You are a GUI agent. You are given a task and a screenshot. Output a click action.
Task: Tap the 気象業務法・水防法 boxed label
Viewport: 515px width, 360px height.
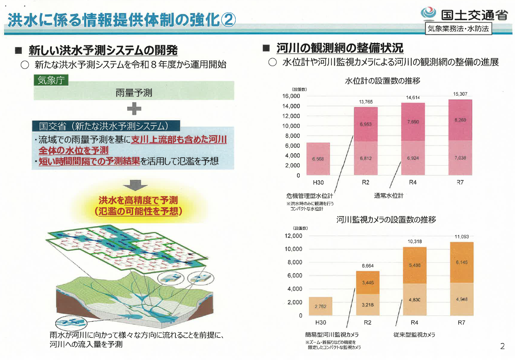pyautogui.click(x=459, y=29)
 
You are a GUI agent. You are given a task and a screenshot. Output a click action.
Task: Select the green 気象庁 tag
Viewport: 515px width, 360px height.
pyautogui.click(x=51, y=80)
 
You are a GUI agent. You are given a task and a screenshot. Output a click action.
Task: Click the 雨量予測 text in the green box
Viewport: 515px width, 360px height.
pyautogui.click(x=134, y=93)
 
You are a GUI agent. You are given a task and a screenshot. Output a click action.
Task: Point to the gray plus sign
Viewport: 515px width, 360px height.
pyautogui.click(x=134, y=108)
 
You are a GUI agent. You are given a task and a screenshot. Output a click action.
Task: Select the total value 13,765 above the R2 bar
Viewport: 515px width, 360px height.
pyautogui.click(x=366, y=102)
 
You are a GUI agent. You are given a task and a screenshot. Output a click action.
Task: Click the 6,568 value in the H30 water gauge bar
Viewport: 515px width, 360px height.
pyautogui.click(x=318, y=158)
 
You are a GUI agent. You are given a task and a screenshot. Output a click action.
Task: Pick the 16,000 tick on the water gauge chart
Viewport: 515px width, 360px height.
pyautogui.click(x=292, y=96)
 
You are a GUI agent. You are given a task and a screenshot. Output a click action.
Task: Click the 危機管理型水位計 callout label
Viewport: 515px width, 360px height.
pyautogui.click(x=310, y=196)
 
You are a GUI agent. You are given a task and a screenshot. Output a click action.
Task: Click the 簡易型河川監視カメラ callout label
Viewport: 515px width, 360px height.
pyautogui.click(x=332, y=335)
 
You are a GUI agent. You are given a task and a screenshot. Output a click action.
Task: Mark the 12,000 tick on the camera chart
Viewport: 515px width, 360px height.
pyautogui.click(x=293, y=236)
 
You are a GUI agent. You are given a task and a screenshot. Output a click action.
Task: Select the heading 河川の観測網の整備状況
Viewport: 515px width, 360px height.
pyautogui.click(x=340, y=49)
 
